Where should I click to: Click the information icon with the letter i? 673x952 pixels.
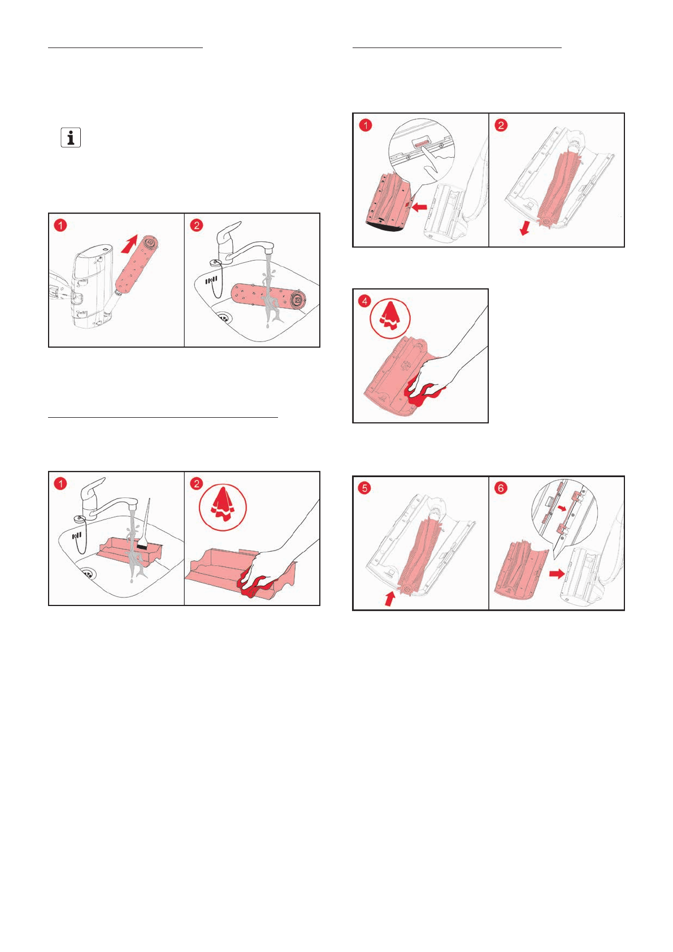click(71, 138)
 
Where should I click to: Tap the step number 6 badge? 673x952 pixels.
click(501, 488)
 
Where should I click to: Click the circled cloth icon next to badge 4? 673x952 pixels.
click(390, 318)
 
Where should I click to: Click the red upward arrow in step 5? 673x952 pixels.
click(389, 600)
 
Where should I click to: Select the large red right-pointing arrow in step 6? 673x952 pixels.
click(557, 574)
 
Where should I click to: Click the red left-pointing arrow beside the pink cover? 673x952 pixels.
click(420, 207)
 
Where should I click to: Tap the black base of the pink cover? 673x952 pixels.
click(384, 227)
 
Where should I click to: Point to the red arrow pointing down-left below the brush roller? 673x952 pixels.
click(525, 227)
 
